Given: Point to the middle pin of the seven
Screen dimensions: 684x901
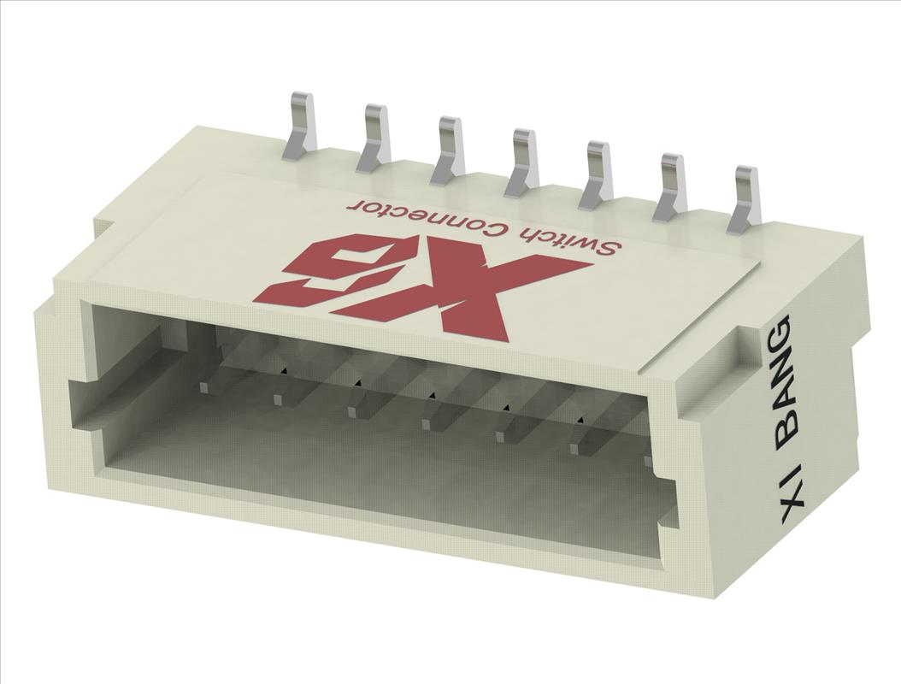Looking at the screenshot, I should click(523, 162).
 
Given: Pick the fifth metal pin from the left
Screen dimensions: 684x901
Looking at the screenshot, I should click(597, 174).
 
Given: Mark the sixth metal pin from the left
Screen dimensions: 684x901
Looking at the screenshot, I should click(671, 186).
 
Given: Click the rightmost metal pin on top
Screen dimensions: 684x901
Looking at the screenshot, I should click(745, 200).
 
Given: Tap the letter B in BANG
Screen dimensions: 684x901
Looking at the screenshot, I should click(784, 430).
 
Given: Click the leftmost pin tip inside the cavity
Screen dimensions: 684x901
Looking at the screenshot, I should click(204, 387).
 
